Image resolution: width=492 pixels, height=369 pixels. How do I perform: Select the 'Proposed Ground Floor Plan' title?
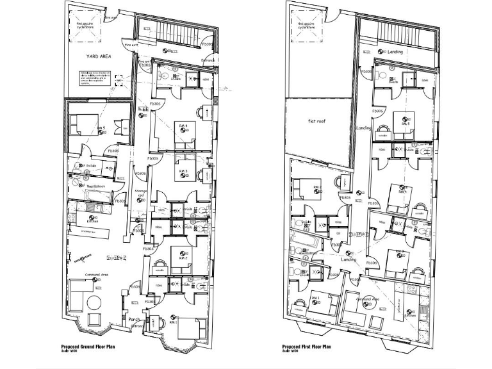88,346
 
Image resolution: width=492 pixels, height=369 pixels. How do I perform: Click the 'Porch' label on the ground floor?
134,319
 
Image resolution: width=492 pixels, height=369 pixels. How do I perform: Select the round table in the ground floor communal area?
95,320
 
